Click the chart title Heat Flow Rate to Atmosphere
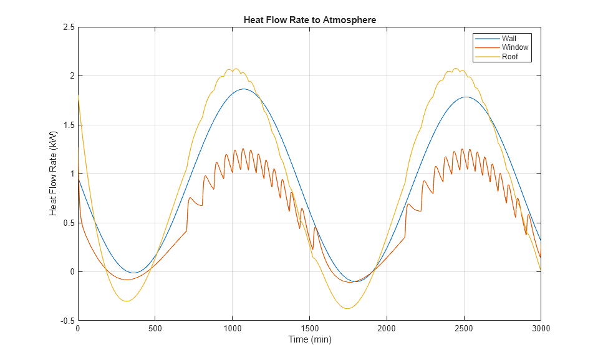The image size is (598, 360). coord(309,20)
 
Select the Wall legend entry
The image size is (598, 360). coord(509,39)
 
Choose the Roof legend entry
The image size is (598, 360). coord(509,57)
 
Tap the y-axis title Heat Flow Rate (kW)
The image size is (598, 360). coord(53,174)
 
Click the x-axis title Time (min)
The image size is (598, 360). coord(309,340)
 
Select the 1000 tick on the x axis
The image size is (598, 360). coord(232,329)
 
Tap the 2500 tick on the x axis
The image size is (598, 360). coord(463,329)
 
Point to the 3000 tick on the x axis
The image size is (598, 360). coord(540,329)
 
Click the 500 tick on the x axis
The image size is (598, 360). coord(155,329)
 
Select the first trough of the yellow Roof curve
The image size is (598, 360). coord(127,301)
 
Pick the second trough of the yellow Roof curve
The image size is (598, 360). coord(347,308)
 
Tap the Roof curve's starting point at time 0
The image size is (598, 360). coord(78,95)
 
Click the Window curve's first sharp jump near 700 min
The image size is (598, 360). coord(187,215)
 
